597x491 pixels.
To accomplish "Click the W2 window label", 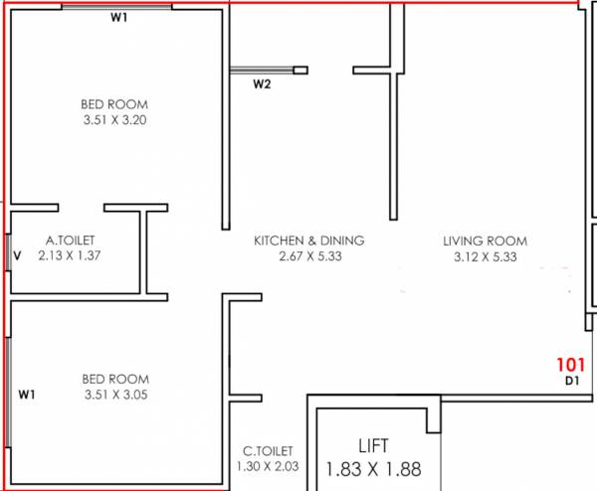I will (262, 84).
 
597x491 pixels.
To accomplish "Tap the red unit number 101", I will (572, 365).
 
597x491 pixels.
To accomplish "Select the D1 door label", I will (572, 381).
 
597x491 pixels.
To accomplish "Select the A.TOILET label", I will (70, 241).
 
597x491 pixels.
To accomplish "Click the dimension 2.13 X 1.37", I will (70, 255).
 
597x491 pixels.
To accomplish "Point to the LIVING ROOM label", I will (485, 242).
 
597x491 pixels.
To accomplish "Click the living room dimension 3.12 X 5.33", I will (485, 256).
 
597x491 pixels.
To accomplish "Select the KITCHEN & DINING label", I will (308, 241).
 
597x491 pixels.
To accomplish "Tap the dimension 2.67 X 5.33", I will (308, 256).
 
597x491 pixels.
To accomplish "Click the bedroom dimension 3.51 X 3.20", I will (115, 120).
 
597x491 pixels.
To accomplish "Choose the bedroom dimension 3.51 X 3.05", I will (115, 395).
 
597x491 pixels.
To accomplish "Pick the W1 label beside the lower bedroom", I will (27, 395).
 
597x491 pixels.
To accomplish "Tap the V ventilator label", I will (17, 255).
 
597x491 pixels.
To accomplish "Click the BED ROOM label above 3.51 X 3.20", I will (115, 104).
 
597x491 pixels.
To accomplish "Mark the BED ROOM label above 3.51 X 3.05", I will (115, 379).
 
